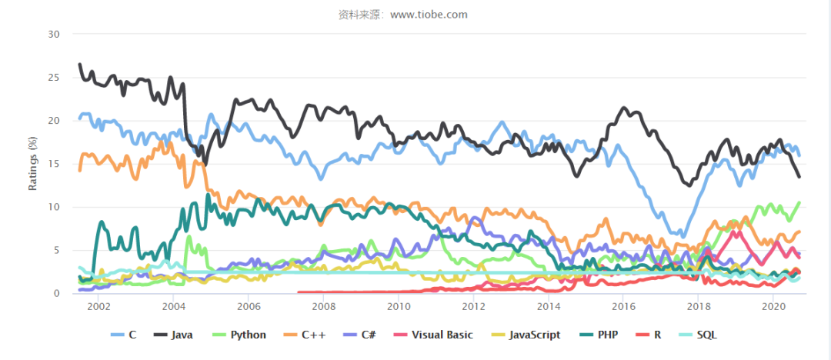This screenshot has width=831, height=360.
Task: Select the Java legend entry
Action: [173, 335]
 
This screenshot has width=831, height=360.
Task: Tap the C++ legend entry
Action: [302, 335]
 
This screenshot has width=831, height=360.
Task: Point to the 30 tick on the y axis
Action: [55, 35]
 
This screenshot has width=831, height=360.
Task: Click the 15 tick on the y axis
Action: [55, 164]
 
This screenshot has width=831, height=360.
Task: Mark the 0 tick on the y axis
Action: [57, 293]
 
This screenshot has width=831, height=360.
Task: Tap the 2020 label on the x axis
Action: [773, 306]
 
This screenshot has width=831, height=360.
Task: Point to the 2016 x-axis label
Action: [622, 306]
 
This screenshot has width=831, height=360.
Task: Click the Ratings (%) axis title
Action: [33, 164]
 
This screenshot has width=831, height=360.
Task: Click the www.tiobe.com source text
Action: [429, 15]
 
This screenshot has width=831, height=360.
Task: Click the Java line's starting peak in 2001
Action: [79, 64]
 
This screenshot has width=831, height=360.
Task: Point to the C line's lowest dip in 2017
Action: [683, 236]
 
